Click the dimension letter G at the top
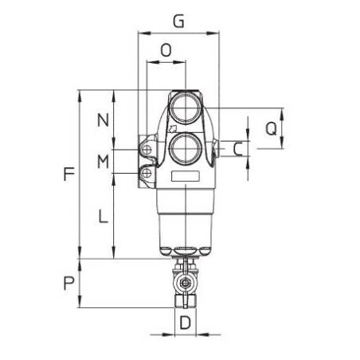pyautogui.click(x=179, y=22)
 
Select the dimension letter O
pyautogui.click(x=166, y=50)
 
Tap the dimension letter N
pyautogui.click(x=102, y=121)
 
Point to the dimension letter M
pyautogui.click(x=102, y=162)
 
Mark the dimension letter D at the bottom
pyautogui.click(x=185, y=323)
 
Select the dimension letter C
pyautogui.click(x=237, y=148)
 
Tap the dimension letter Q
pyautogui.click(x=271, y=128)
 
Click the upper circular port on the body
pyautogui.click(x=185, y=109)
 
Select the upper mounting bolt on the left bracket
pyautogui.click(x=147, y=148)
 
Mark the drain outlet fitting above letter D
pyautogui.click(x=185, y=303)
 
